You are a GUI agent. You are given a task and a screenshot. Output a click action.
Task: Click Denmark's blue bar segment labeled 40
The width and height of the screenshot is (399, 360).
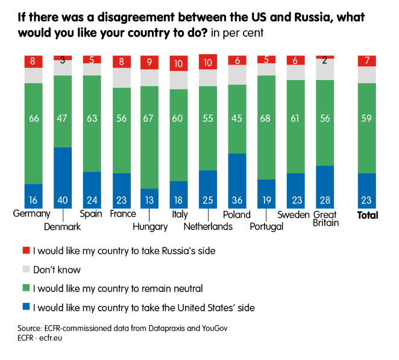click(63, 178)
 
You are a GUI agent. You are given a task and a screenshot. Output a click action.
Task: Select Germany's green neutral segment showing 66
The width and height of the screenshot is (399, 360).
click(34, 133)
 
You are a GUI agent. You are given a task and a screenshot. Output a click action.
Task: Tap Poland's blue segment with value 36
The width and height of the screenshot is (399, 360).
click(237, 181)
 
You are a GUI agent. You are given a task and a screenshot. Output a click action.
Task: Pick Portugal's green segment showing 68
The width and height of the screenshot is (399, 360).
click(266, 127)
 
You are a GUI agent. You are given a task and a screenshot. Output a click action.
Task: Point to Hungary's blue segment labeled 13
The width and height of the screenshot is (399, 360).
click(149, 198)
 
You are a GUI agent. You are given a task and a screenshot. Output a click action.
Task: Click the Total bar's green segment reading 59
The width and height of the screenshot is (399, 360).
click(366, 128)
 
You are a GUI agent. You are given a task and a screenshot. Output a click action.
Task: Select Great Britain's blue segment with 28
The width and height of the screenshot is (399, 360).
click(325, 187)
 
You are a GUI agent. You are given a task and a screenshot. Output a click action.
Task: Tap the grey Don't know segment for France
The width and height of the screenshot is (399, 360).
click(121, 78)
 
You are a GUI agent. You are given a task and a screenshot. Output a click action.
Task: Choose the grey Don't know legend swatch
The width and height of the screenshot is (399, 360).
click(25, 270)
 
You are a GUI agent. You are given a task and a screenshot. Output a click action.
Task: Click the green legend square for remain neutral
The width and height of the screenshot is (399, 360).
click(25, 288)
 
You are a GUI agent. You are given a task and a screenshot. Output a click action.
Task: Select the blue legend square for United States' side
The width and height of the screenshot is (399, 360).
click(25, 308)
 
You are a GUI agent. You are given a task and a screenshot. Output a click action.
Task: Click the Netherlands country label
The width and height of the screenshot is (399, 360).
click(209, 226)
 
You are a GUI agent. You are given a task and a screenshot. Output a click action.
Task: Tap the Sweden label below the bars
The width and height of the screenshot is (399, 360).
click(294, 214)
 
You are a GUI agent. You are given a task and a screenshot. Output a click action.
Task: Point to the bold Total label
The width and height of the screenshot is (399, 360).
click(367, 215)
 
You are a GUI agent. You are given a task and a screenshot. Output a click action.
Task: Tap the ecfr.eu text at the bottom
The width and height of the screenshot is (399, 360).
click(54, 338)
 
